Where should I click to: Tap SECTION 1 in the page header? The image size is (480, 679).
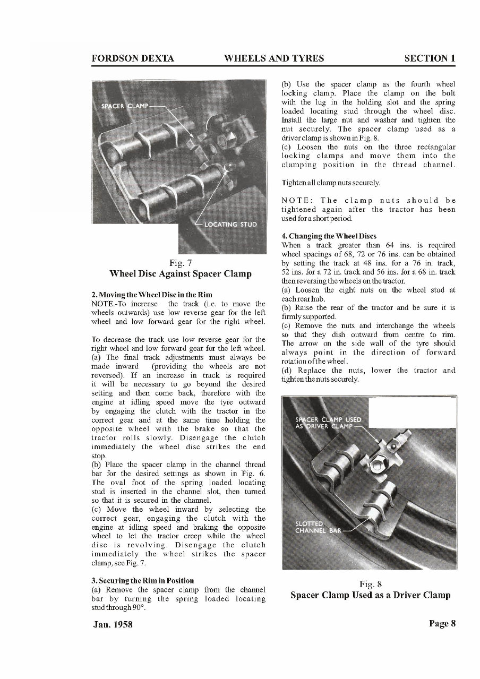(x=429, y=58)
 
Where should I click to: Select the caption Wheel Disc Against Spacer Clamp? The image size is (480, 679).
(x=179, y=274)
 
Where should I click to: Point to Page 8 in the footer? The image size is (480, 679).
(x=442, y=623)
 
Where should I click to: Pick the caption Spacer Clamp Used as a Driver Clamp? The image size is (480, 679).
(x=370, y=595)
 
